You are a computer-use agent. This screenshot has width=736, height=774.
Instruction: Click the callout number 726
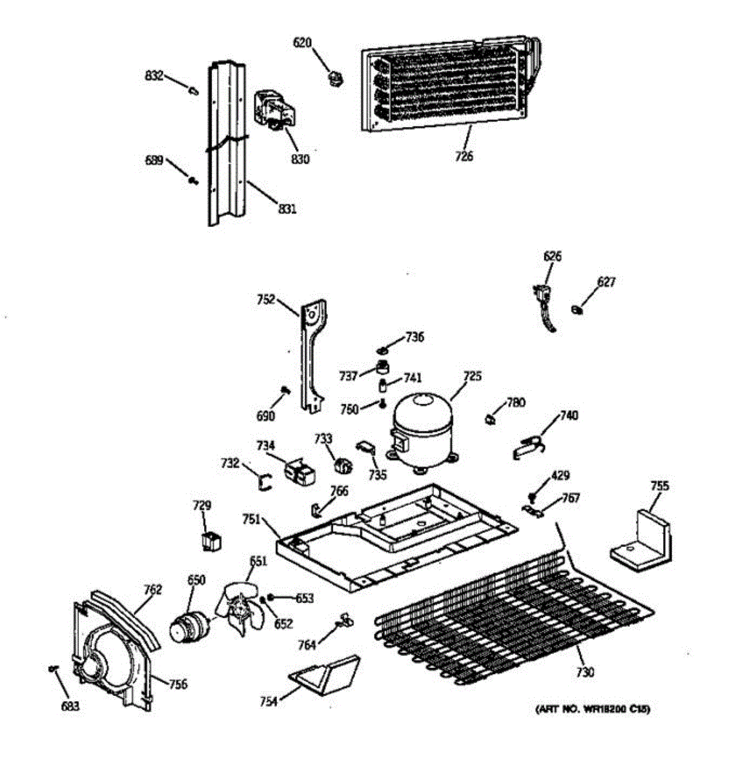point(464,155)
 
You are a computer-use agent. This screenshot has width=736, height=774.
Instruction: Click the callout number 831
point(287,208)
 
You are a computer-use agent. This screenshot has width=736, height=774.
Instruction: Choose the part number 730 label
point(585,672)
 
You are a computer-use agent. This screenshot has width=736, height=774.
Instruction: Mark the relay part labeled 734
point(302,472)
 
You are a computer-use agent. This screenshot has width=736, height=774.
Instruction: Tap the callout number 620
point(302,43)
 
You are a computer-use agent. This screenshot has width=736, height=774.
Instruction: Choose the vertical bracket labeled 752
point(311,355)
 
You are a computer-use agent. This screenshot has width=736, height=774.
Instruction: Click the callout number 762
point(153,589)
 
